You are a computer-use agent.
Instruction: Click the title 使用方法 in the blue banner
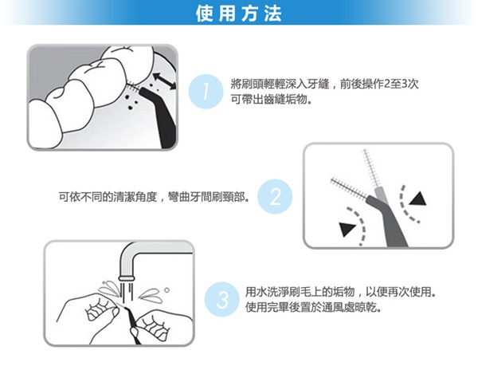[239, 14]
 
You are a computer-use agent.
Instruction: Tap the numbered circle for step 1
[206, 92]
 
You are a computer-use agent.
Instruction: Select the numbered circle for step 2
[275, 196]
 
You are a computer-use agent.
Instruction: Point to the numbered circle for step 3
[222, 299]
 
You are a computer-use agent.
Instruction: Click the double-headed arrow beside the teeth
[164, 81]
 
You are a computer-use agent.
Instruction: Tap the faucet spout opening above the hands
[126, 277]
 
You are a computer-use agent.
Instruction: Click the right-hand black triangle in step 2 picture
[418, 199]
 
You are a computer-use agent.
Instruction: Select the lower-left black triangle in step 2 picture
[347, 229]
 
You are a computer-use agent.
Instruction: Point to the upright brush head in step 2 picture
[370, 168]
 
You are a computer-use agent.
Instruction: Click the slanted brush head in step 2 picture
[349, 187]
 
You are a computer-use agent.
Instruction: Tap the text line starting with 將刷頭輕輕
[324, 84]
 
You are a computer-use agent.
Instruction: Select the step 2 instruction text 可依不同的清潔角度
[155, 197]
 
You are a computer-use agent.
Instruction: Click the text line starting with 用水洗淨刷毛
[340, 292]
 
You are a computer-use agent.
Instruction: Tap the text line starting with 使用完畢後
[314, 308]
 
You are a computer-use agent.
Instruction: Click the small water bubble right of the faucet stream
[167, 289]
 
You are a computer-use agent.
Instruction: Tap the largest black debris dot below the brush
[131, 108]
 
